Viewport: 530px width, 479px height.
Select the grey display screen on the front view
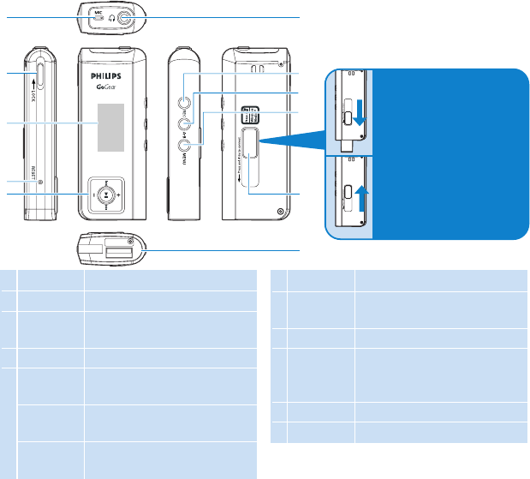pos(107,125)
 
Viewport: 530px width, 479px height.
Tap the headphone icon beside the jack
pos(111,18)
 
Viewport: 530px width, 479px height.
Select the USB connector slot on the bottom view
pos(119,250)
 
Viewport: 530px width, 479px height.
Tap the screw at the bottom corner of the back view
pos(282,211)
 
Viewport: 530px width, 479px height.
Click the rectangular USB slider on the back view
pos(250,143)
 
